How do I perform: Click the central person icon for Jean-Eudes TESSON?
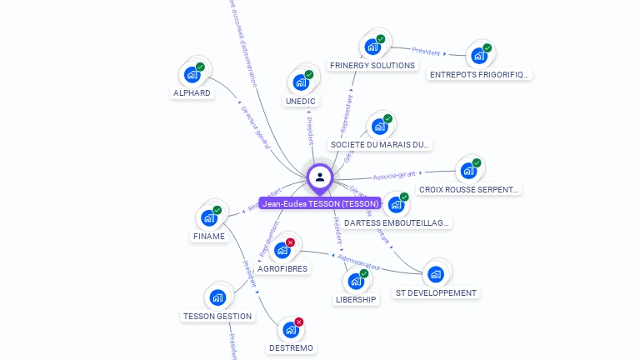click(320, 177)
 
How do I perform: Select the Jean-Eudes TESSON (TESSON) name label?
click(320, 203)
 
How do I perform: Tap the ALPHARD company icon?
click(192, 75)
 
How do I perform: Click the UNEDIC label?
click(300, 102)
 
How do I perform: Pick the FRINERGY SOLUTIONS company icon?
click(372, 47)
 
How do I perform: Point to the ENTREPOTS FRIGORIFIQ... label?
click(479, 74)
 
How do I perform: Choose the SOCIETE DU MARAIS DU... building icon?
click(380, 127)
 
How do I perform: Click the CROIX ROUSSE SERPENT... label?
click(469, 189)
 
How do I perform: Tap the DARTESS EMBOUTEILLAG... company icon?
click(396, 205)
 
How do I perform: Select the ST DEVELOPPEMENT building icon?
click(435, 274)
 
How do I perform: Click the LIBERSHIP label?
click(356, 299)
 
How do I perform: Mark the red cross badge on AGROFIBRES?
click(290, 242)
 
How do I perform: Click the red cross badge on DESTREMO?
click(298, 322)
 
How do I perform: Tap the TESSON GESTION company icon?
click(217, 297)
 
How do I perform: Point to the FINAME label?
click(209, 236)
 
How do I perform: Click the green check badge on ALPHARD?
click(200, 67)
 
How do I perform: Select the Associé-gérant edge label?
click(394, 176)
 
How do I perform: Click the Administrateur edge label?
click(360, 262)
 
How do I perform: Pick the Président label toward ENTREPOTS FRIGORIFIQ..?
click(426, 52)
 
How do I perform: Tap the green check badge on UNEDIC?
click(308, 75)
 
